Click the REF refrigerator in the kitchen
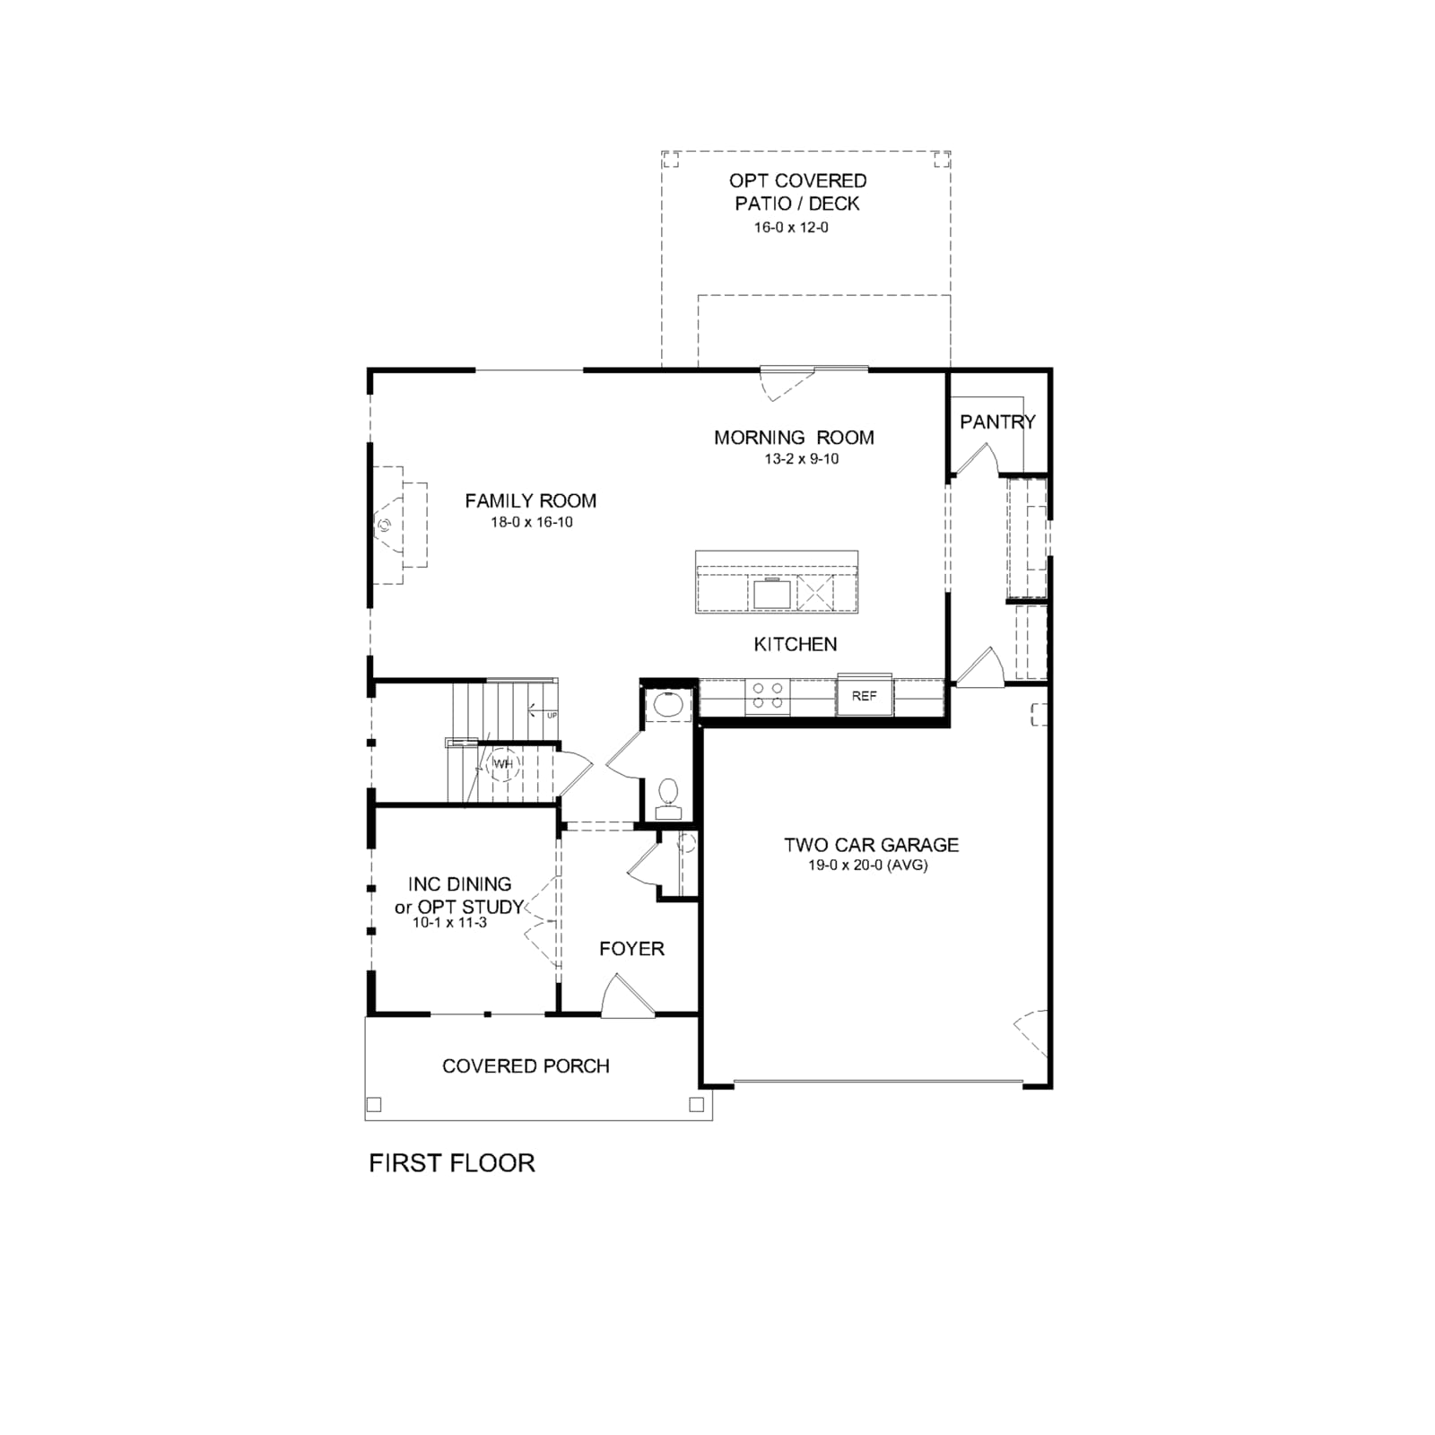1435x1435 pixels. [865, 695]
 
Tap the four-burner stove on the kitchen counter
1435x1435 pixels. [768, 696]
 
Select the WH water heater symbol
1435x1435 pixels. [503, 764]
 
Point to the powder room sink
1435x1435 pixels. [667, 704]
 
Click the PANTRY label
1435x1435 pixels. [997, 422]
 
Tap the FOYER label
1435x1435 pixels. [631, 949]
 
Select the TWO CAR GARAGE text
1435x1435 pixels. [871, 845]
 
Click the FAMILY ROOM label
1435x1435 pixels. [530, 500]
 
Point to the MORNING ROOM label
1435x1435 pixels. [794, 438]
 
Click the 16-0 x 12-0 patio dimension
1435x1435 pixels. [791, 228]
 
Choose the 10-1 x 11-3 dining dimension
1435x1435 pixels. [449, 922]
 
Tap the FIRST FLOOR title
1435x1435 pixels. [452, 1163]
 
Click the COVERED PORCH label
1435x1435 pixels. [526, 1066]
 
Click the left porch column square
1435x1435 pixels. [375, 1105]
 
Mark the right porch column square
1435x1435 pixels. [696, 1105]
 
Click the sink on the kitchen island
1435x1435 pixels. [772, 593]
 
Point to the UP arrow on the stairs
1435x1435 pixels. [541, 714]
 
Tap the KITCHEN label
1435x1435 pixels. [795, 644]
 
